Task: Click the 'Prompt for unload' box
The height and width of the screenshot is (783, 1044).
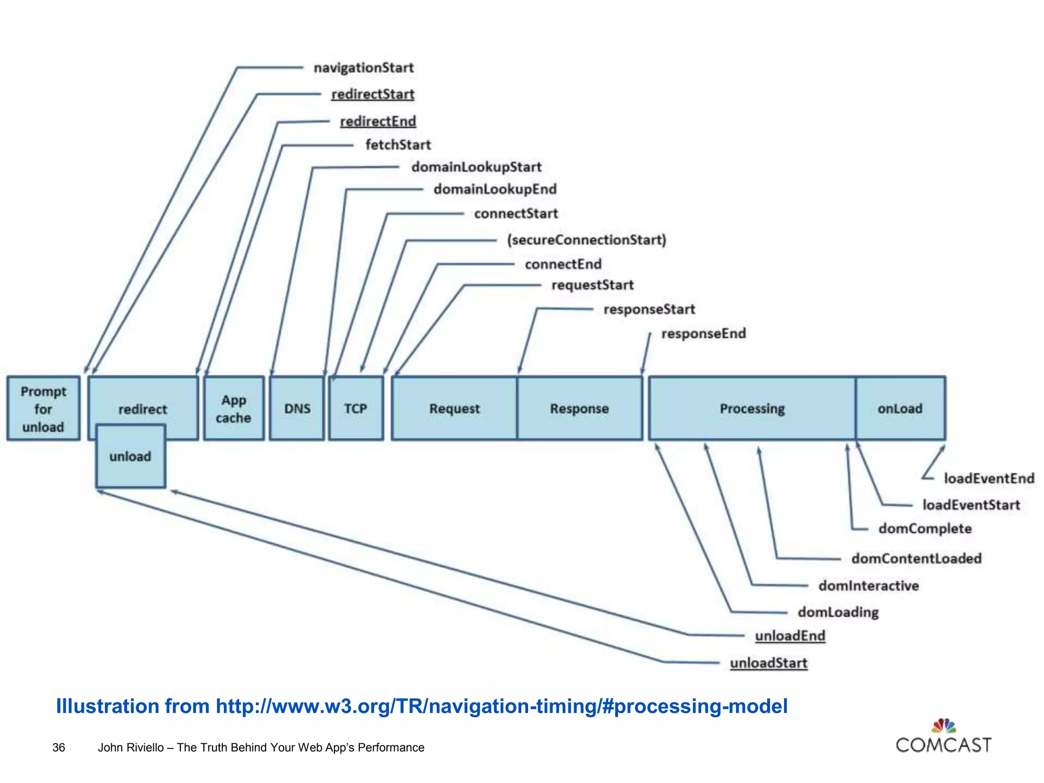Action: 43,408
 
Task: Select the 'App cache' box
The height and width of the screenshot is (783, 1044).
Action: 233,408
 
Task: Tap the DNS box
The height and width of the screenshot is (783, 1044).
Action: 297,408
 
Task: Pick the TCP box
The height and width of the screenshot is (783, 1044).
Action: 356,408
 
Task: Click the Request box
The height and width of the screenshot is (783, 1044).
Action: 454,408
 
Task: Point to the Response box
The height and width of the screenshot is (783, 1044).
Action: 580,408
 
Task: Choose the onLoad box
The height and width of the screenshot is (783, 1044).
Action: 900,408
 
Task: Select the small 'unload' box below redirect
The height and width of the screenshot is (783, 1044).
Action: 130,456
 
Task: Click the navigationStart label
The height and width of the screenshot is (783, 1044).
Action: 363,68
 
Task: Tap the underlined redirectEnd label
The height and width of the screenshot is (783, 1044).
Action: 378,121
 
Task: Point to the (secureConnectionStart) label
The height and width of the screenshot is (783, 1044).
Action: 586,240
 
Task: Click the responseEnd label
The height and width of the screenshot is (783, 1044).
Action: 703,333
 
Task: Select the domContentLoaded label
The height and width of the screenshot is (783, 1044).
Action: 916,558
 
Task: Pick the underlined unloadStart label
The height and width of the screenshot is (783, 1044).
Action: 769,663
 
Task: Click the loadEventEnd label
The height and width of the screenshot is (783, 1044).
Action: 989,478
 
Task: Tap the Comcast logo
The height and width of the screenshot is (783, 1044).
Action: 944,737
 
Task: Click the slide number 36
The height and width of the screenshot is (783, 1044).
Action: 59,747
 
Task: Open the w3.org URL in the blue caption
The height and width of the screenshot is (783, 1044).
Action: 502,706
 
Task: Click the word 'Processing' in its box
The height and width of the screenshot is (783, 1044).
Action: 752,408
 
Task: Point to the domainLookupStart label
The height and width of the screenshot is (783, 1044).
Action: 476,167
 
